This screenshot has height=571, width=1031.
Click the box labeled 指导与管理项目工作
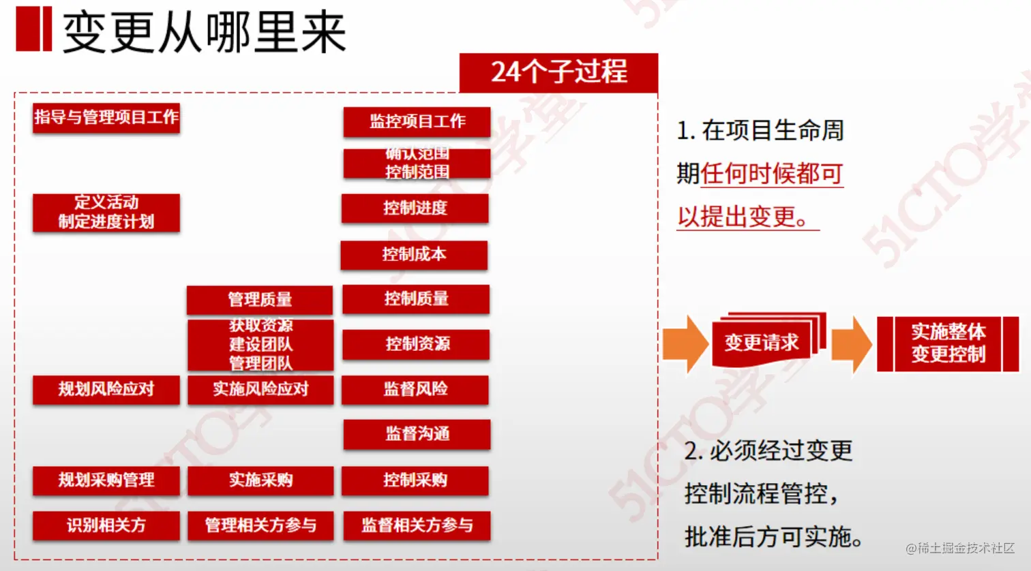point(106,118)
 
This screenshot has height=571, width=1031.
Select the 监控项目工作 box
point(417,122)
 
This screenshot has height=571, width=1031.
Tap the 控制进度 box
point(415,209)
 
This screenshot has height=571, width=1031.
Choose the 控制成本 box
point(414,255)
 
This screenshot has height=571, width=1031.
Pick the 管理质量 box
point(260,300)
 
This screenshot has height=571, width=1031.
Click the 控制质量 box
point(416,299)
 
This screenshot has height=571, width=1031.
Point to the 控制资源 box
point(417,344)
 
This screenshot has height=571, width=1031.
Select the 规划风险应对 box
point(106,390)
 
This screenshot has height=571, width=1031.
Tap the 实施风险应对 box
point(260,390)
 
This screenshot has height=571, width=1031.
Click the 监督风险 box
point(415,390)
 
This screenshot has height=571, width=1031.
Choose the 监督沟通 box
point(417,435)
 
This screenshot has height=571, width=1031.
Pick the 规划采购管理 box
point(106,480)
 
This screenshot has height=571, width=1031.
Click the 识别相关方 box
point(106,525)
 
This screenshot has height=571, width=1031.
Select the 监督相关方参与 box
point(417,525)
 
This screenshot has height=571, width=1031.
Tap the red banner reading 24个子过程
point(558,72)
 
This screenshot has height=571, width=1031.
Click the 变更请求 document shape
point(762,342)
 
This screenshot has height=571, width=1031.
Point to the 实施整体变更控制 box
point(948,343)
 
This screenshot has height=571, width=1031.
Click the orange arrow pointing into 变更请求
point(685,343)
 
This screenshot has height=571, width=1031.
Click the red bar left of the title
point(33,29)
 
